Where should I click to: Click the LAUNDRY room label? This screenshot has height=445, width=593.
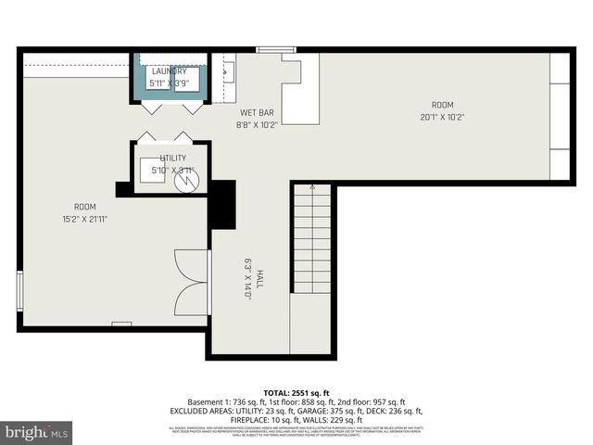[170, 70]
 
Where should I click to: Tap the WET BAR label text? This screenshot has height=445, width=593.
[256, 113]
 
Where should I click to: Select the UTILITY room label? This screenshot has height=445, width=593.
[172, 159]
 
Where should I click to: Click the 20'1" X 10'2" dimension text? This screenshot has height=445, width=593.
[442, 117]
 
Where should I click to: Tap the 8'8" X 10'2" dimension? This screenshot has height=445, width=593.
[257, 124]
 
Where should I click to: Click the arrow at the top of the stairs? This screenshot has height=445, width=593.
[312, 189]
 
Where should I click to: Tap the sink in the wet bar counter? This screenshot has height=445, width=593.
[228, 69]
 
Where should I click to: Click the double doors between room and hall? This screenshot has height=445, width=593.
[192, 282]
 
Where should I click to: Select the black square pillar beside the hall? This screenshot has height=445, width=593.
[221, 203]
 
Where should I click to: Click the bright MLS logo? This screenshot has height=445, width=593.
[37, 432]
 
